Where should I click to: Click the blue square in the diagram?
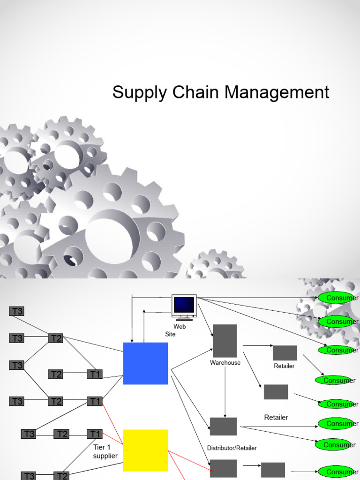[x=145, y=363]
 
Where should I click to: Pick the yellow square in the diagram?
[x=145, y=450]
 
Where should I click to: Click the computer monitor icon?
[x=184, y=307]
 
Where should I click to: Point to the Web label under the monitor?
[x=180, y=326]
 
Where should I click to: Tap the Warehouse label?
[x=225, y=362]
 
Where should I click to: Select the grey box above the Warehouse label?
[x=225, y=341]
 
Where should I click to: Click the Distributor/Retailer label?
[x=232, y=448]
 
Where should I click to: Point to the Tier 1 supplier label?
[x=105, y=451]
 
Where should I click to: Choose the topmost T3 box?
[x=17, y=311]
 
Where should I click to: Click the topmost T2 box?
[x=56, y=338]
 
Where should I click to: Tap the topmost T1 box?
[x=95, y=374]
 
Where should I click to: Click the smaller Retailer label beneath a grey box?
[x=284, y=366]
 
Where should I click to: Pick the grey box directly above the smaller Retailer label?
[x=285, y=353]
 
